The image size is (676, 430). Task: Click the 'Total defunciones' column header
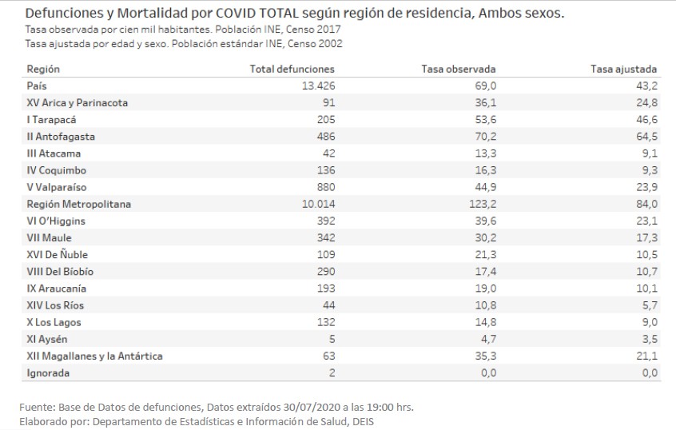tap(292, 69)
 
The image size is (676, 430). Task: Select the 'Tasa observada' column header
tap(458, 69)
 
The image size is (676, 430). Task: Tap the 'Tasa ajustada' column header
tap(624, 69)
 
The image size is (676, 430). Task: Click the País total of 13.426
tap(318, 86)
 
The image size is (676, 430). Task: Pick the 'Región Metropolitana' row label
tap(78, 204)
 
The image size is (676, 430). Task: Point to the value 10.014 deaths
tap(318, 204)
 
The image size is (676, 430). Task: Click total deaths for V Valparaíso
tap(324, 187)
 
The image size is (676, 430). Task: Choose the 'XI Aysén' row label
tap(48, 339)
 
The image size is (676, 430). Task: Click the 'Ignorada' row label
tap(48, 373)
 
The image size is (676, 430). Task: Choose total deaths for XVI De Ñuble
tap(324, 254)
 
